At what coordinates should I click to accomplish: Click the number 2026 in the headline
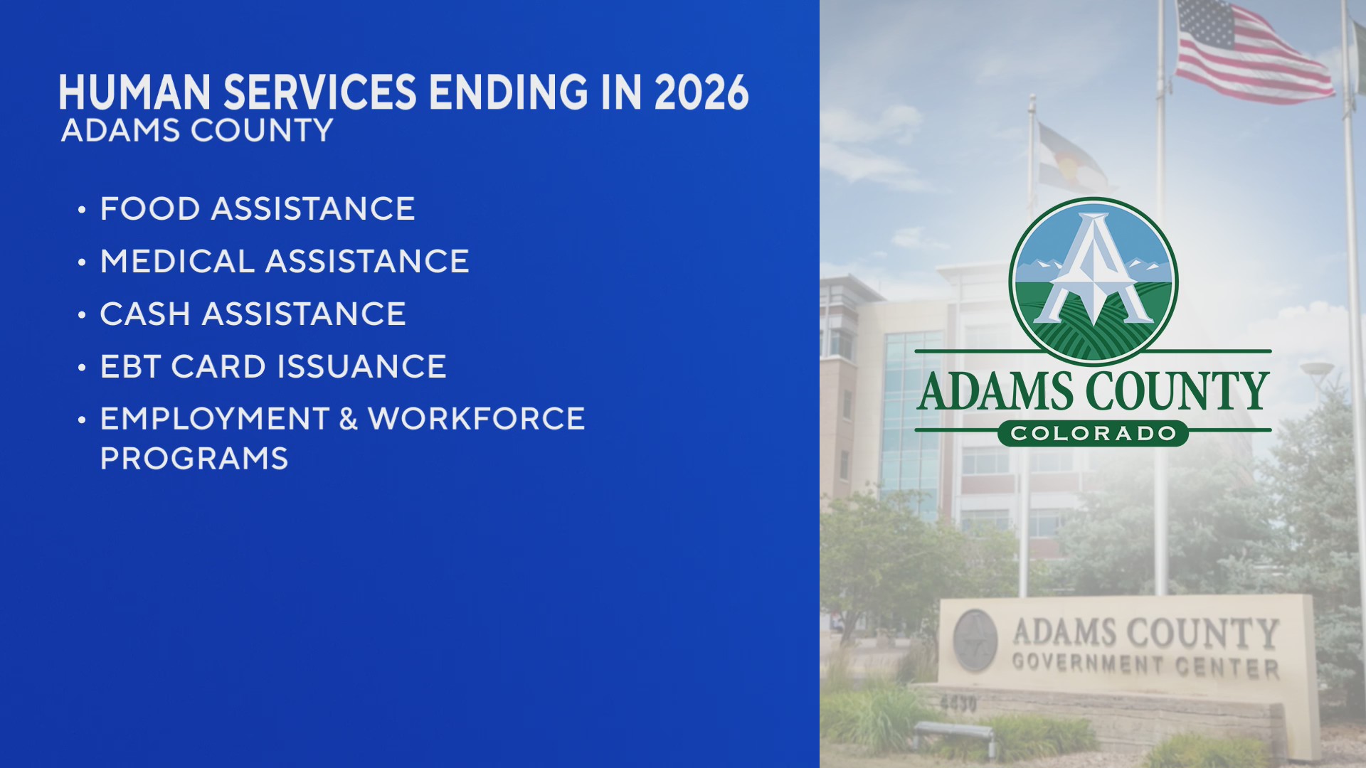pyautogui.click(x=701, y=92)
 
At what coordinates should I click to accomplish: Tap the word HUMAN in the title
pyautogui.click(x=134, y=92)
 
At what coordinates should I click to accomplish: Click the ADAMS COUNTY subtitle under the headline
pyautogui.click(x=197, y=131)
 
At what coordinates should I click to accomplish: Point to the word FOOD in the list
pyautogui.click(x=150, y=209)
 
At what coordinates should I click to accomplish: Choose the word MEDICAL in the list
pyautogui.click(x=177, y=262)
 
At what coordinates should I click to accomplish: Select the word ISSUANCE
pyautogui.click(x=361, y=367)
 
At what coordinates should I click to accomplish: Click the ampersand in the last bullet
pyautogui.click(x=349, y=419)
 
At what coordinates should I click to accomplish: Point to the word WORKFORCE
pyautogui.click(x=477, y=419)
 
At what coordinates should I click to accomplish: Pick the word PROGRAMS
pyautogui.click(x=194, y=459)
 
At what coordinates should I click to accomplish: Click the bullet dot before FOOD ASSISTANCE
pyautogui.click(x=82, y=210)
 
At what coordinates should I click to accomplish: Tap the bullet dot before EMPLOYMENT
pyautogui.click(x=82, y=420)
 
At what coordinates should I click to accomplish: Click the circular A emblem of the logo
pyautogui.click(x=1093, y=281)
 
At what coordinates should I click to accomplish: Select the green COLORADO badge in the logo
pyautogui.click(x=1093, y=433)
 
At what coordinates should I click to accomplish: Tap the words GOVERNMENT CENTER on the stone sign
pyautogui.click(x=1145, y=666)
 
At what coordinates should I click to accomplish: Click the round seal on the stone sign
pyautogui.click(x=975, y=640)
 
